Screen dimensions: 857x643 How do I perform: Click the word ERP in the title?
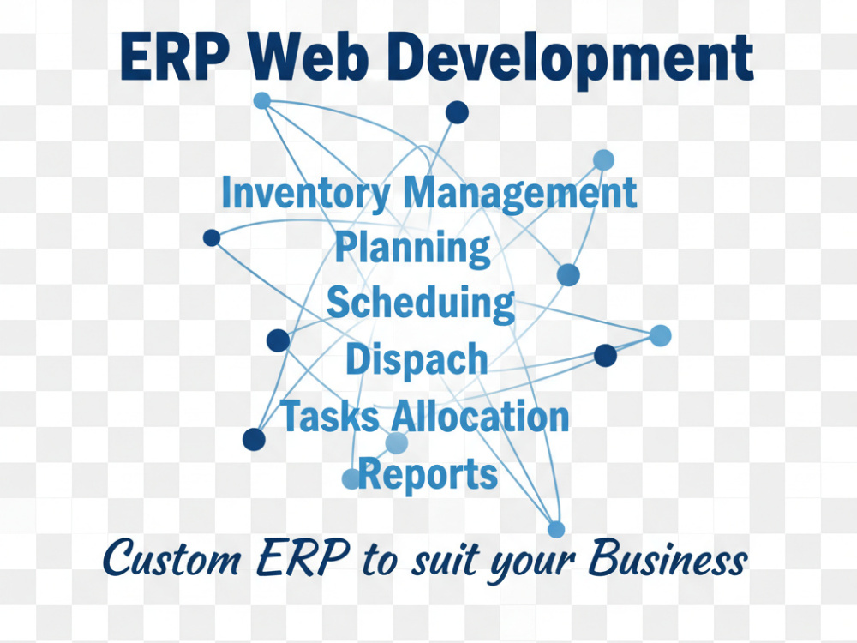(174, 57)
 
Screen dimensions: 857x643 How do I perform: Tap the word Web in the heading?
(309, 57)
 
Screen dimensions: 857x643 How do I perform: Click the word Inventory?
(306, 194)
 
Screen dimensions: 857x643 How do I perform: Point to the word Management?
(520, 195)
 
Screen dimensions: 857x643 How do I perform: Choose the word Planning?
(413, 249)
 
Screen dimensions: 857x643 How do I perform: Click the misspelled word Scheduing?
(420, 303)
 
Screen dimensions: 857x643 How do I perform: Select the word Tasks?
(331, 416)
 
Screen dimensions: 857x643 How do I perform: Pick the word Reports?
(428, 474)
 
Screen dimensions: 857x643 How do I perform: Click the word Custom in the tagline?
(171, 559)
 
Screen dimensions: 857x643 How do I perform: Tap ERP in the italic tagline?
(303, 558)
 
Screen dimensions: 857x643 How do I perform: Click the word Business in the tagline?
(668, 558)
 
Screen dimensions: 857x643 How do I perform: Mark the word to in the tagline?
(379, 561)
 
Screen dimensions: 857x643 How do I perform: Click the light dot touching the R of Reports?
(351, 478)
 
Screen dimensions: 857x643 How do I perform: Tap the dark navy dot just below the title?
(457, 112)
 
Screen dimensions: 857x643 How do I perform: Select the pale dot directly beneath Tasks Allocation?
(396, 443)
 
